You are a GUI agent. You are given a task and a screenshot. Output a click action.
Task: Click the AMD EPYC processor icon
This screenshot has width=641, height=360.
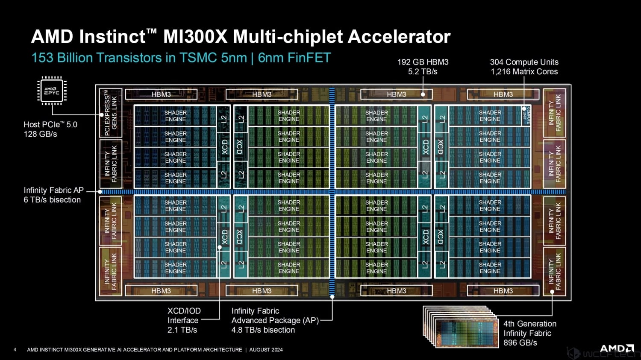[x=52, y=91]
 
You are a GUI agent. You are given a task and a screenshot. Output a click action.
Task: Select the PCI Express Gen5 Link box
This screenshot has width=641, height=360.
[x=111, y=113]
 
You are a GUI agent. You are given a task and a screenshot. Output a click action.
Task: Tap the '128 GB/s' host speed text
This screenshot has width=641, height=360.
[x=40, y=134]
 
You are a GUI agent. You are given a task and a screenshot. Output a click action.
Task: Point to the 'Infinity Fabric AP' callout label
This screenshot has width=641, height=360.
[x=53, y=190]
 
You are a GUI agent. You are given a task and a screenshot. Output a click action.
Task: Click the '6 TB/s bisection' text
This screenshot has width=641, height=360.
[x=52, y=200]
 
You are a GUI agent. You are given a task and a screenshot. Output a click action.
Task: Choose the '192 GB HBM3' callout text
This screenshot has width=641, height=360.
[x=423, y=62]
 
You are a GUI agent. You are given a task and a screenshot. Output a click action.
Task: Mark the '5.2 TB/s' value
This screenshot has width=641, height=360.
[x=423, y=72]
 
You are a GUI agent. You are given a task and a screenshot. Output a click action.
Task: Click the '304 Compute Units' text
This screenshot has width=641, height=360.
[x=524, y=62]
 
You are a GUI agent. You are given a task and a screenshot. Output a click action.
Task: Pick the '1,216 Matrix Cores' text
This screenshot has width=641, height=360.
[x=524, y=72]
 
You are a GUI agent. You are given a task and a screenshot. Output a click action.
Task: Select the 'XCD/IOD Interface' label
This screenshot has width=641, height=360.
[x=184, y=316]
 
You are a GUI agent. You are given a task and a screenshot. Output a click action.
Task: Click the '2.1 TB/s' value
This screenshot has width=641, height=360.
[x=182, y=330]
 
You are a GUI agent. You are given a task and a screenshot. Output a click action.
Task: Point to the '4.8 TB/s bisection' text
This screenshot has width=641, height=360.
[x=263, y=330]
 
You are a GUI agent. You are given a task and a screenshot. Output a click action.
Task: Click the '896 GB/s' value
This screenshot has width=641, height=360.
[x=520, y=342]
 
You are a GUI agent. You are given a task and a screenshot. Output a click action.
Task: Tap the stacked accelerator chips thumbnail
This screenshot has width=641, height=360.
[x=462, y=327]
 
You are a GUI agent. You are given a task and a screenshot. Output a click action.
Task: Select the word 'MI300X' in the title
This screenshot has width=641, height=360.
[x=195, y=37]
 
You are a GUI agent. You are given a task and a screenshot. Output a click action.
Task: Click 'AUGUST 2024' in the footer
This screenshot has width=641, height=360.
[x=266, y=350]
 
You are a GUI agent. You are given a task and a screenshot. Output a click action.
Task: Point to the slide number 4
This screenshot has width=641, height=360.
[x=15, y=350]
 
